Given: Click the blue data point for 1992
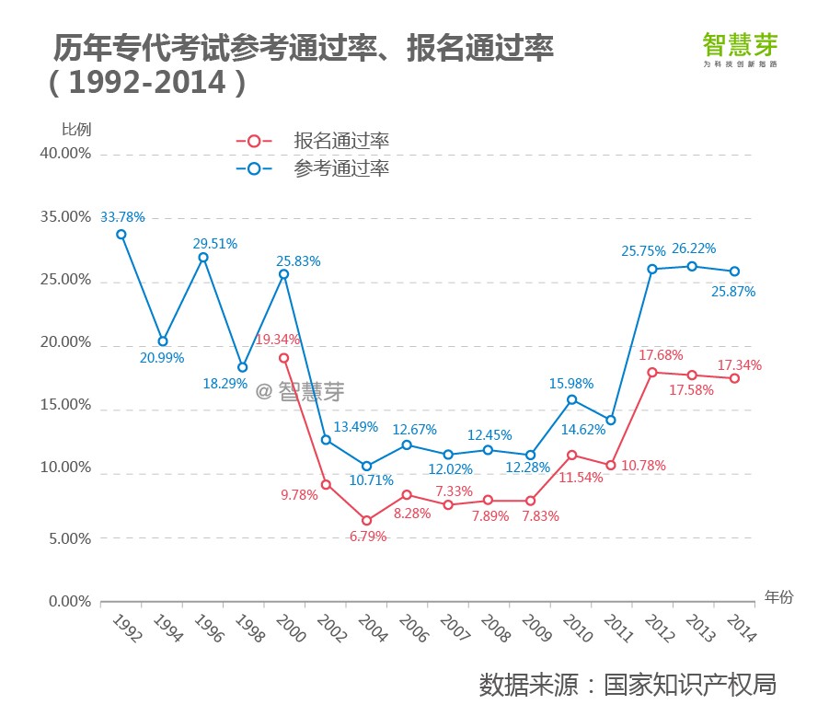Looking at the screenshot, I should click(121, 234).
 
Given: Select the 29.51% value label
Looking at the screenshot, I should click(215, 244).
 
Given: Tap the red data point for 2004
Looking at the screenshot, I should click(366, 521).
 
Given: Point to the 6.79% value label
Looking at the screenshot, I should click(368, 537).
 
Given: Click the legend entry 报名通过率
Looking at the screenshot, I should click(341, 141).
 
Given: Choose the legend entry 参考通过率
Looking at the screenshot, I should click(341, 169).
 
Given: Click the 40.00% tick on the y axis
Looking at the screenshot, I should click(65, 154).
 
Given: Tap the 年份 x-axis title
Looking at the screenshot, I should click(777, 597).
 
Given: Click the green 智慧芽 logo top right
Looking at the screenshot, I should click(740, 47).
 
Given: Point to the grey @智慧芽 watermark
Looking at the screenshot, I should click(300, 392).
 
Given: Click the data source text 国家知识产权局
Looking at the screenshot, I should click(690, 686).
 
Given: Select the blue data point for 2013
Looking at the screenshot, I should click(693, 266).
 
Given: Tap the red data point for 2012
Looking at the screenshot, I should click(651, 373).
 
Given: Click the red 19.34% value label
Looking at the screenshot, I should click(277, 340).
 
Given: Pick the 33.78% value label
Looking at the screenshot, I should click(122, 217).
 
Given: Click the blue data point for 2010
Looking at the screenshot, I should click(572, 399).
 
